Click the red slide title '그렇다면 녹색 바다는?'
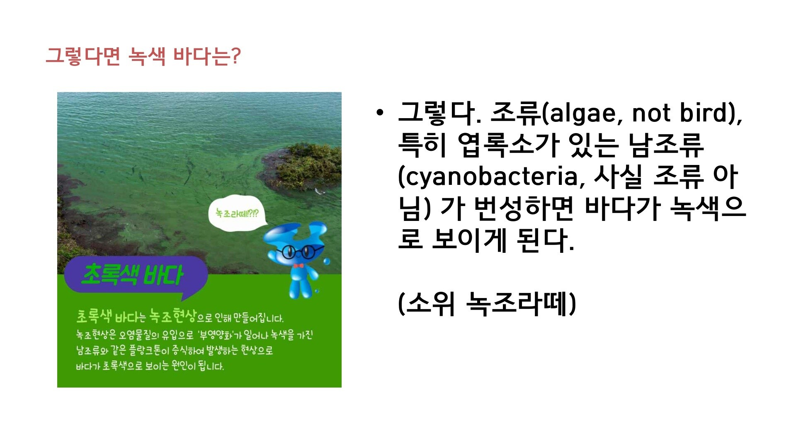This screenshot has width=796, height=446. click(x=143, y=56)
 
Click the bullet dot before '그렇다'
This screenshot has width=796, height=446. click(x=379, y=113)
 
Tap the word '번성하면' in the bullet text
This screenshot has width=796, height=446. click(x=524, y=208)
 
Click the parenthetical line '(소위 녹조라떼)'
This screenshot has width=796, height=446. click(x=487, y=303)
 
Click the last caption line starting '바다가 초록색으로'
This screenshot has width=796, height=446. click(x=150, y=366)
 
